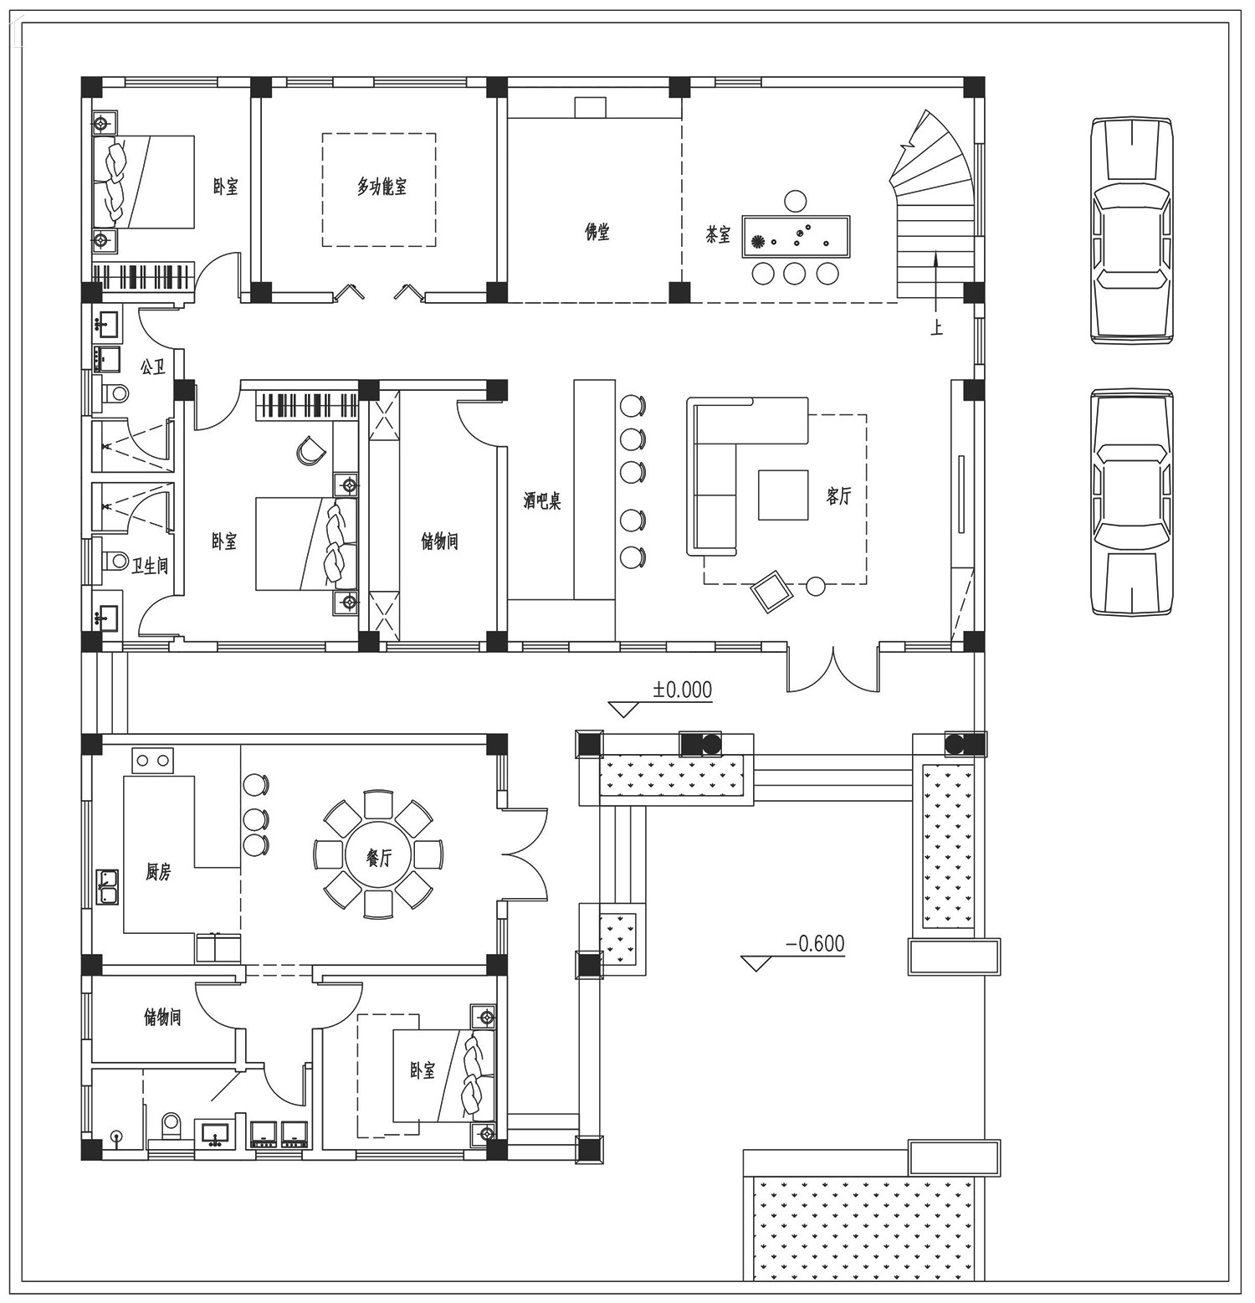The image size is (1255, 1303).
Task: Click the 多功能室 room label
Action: click(382, 187)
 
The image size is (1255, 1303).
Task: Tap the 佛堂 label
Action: click(597, 232)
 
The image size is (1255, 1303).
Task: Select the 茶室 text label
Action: click(718, 235)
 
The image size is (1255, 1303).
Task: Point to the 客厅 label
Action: click(838, 495)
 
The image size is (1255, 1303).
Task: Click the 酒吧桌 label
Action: click(541, 501)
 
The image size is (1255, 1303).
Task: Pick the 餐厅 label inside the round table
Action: click(379, 858)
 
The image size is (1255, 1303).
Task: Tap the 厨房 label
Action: click(158, 872)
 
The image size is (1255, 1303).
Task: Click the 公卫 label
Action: click(152, 367)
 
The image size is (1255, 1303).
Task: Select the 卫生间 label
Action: click(150, 566)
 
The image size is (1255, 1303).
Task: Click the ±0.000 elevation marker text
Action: click(683, 690)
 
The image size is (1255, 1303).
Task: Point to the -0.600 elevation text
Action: click(815, 944)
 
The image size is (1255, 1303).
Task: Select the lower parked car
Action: click(1131, 502)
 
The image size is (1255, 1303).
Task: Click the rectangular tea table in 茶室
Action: click(797, 236)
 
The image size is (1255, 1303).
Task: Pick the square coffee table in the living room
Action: click(783, 495)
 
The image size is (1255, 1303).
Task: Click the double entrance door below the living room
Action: click(832, 669)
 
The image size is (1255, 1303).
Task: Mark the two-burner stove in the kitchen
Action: click(151, 761)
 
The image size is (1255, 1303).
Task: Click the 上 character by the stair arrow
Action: click(936, 328)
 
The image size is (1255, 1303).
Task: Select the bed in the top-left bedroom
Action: click(144, 182)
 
